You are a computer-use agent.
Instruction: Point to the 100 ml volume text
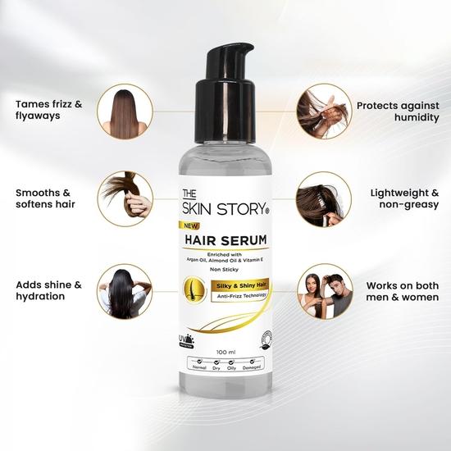coord(226,353)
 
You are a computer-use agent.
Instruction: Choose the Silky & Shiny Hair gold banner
coord(238,283)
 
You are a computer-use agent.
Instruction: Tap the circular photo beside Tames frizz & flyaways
coord(124,112)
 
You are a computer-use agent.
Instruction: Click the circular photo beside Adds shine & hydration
coord(124,289)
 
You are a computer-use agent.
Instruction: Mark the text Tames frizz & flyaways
coord(50,112)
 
